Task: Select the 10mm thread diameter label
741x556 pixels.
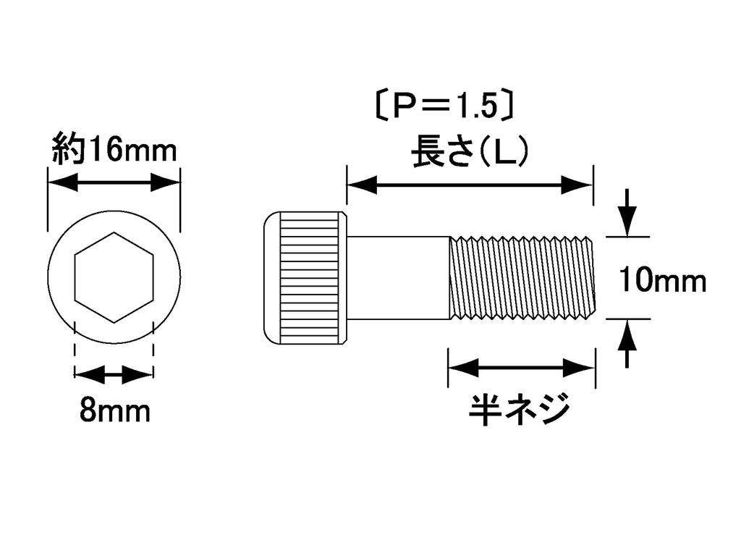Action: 662,279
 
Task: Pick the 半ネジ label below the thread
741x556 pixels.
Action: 520,410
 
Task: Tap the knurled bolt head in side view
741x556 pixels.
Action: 305,277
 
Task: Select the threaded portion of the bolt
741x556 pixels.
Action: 522,277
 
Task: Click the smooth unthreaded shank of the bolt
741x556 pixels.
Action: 398,277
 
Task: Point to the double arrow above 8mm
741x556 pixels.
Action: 114,375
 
